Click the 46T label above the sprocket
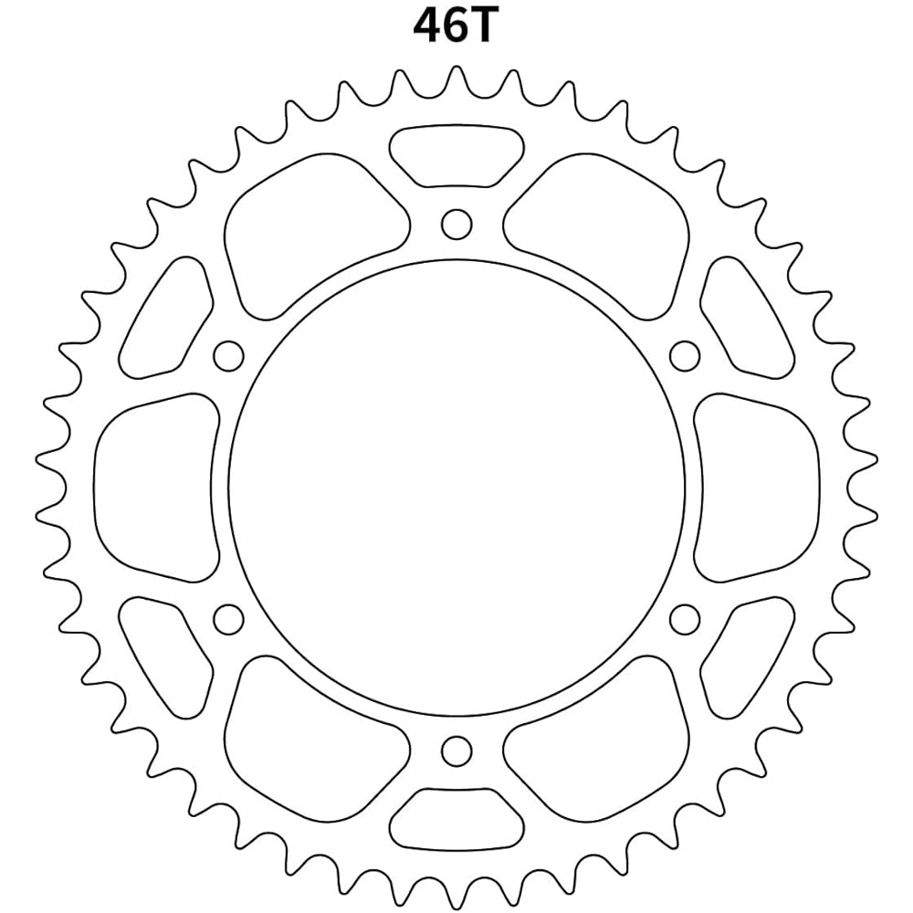pos(455,26)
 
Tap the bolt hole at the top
pos(456,223)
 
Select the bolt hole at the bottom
pos(456,751)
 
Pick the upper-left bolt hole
pos(227,354)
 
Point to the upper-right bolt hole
pos(685,354)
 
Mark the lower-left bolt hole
pos(227,619)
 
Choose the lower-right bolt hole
pos(684,619)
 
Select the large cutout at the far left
pos(156,488)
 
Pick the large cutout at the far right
pos(756,488)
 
